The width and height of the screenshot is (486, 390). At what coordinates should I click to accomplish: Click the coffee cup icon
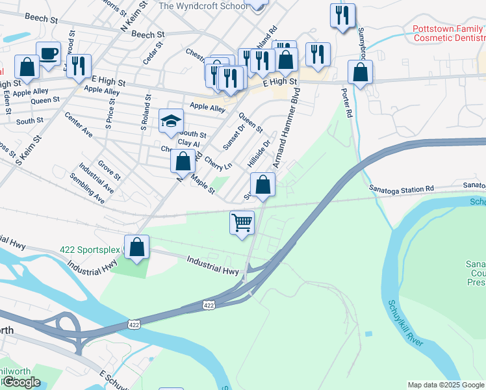click(48, 53)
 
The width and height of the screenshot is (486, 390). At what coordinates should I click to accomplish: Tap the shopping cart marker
click(242, 222)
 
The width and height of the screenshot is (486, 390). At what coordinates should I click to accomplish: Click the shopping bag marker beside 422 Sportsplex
click(136, 247)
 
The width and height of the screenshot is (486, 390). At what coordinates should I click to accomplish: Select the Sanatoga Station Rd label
click(401, 188)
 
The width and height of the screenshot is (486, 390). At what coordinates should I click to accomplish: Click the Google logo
click(21, 382)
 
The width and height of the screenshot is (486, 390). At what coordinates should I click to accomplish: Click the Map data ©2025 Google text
click(446, 385)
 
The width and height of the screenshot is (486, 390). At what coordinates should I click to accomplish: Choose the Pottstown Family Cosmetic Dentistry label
click(448, 34)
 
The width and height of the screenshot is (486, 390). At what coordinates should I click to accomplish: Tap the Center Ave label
click(79, 124)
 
